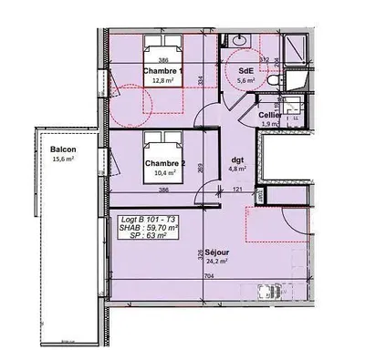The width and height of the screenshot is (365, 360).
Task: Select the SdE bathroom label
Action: coord(246,70)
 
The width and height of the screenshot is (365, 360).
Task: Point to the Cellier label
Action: coord(270,115)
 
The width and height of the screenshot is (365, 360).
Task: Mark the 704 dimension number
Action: coord(208,275)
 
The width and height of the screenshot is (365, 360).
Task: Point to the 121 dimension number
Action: coord(237,190)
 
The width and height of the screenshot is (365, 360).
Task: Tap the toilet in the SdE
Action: coord(276,83)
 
